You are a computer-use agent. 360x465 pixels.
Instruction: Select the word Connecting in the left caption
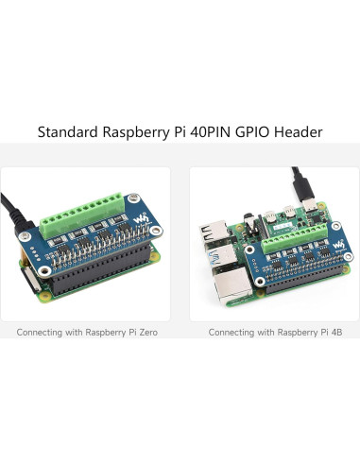[43, 333]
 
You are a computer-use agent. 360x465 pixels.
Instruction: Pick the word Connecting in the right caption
[233, 333]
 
